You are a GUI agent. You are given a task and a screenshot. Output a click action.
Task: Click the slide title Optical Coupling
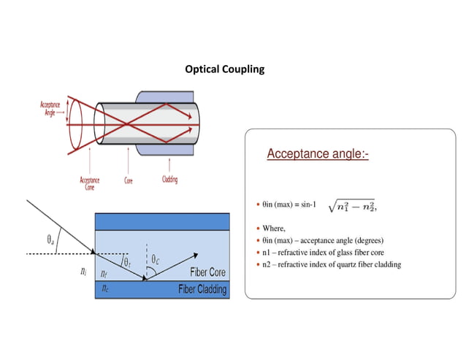pos(224,69)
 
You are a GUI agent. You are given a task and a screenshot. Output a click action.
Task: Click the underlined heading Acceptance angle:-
pos(318,154)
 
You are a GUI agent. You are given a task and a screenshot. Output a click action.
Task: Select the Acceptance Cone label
pos(90,183)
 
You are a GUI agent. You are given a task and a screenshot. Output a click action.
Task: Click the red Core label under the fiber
pos(129,178)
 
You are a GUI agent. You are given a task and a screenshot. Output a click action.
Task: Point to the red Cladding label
pos(169,179)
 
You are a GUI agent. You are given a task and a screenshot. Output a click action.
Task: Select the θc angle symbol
pos(156,258)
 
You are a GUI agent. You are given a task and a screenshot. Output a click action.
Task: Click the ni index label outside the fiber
pos(83,272)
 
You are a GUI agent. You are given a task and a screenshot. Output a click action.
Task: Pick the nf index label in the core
pos(104,274)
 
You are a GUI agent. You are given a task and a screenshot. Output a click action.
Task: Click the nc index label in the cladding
pos(106,288)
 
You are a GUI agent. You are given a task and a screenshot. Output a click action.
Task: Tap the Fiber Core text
pos(207,272)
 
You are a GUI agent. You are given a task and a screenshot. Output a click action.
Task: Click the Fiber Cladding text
pos(202,290)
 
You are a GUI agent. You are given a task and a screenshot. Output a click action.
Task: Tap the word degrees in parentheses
pos(368,240)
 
